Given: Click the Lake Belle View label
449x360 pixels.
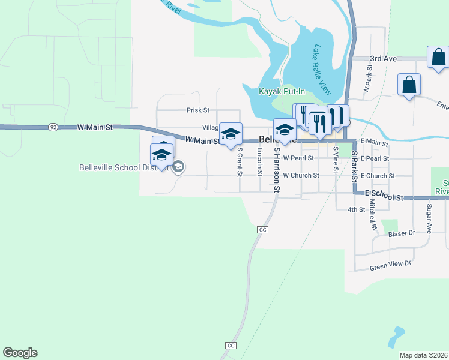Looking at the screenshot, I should coord(322,70).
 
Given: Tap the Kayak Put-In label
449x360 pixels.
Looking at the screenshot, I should coord(282,92).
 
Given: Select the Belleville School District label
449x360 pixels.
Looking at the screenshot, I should coord(123,167).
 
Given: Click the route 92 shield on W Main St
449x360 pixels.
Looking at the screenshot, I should coord(53,127).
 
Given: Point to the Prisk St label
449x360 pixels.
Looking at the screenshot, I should coord(197,110).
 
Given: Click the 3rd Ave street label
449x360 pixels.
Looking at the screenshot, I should coord(384,59).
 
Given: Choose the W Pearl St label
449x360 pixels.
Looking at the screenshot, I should coord(299,158).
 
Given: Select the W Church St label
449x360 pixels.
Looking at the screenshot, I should coord(301,176).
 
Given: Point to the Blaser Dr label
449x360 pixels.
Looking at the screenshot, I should coord(402,233).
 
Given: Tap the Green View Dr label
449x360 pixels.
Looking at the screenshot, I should coord(390,264).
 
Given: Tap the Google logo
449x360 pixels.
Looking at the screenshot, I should coord(20,353).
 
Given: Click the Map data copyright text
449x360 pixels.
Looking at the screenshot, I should coord(424,355).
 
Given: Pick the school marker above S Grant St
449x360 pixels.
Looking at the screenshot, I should coord(230,134).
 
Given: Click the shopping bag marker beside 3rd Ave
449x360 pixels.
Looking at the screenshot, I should coord(438,57).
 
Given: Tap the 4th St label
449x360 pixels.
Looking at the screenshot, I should coord(357,209).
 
